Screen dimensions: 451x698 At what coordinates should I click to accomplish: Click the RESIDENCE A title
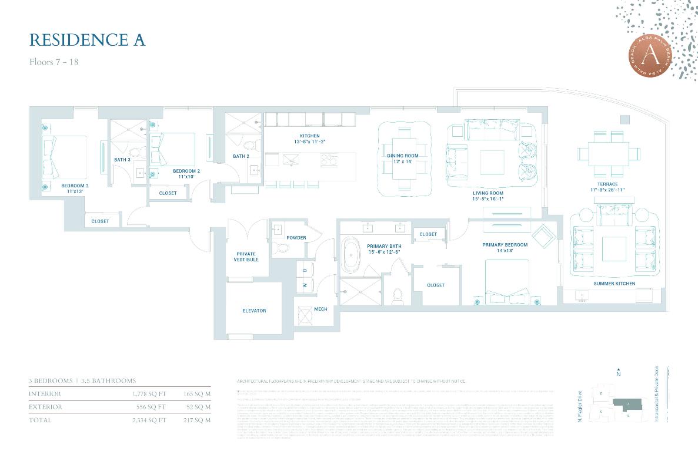(87, 40)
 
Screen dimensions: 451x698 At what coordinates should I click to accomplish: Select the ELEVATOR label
(254, 311)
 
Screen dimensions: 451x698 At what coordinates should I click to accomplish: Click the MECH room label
(320, 309)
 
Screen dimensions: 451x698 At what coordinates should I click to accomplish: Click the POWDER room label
(296, 238)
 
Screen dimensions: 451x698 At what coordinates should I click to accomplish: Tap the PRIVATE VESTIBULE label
(246, 257)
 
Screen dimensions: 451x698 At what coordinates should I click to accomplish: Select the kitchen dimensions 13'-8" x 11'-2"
(310, 142)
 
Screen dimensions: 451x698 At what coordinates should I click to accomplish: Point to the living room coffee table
(492, 162)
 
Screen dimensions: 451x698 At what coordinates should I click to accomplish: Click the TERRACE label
(608, 184)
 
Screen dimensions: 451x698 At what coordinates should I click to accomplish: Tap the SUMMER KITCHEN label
(614, 284)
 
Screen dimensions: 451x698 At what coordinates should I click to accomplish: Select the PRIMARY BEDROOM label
(505, 245)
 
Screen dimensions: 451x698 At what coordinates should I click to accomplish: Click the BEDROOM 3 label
(75, 186)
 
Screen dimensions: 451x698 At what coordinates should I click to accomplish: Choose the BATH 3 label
(122, 160)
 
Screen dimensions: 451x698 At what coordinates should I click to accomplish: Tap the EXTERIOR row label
(45, 407)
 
